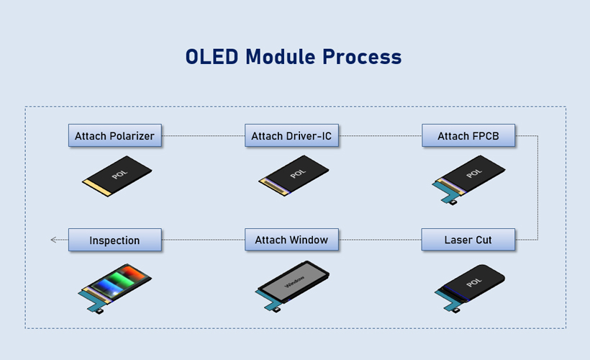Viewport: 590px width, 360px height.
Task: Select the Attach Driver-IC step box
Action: tap(291, 136)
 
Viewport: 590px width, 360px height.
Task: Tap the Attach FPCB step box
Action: tap(468, 136)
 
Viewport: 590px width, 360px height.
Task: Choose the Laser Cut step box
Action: tap(468, 240)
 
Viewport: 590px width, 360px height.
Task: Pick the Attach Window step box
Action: tap(291, 240)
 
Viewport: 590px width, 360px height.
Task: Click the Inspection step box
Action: tap(115, 240)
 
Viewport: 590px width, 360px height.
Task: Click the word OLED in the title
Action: tap(212, 57)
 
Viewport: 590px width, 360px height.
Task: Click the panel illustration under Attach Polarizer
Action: tap(119, 176)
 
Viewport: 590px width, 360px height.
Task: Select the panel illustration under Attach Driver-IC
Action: tap(295, 175)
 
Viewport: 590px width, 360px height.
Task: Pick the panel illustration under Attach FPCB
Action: tap(471, 175)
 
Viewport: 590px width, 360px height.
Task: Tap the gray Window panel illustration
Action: tap(294, 283)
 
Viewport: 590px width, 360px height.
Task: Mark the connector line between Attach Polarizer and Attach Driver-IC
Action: tap(204, 136)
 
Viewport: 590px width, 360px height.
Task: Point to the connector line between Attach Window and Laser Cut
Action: tap(380, 240)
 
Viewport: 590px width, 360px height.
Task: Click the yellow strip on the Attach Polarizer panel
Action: tap(94, 189)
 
